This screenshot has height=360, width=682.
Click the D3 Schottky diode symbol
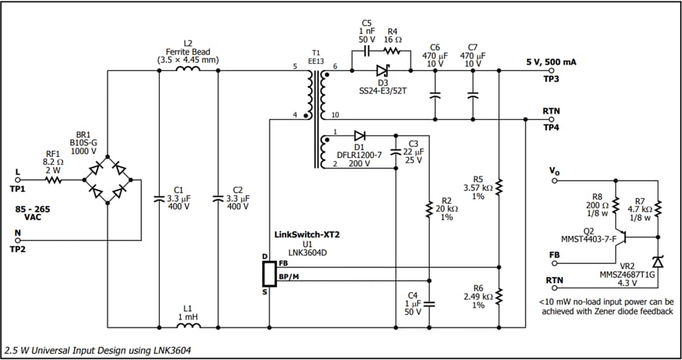pos(382,71)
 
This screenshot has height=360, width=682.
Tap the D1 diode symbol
pos(359,136)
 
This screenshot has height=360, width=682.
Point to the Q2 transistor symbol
pos(626,238)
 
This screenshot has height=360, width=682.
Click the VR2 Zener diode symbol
pos(658,262)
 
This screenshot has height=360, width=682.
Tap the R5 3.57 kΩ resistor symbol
pos(498,188)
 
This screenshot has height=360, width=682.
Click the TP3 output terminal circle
pos(551,71)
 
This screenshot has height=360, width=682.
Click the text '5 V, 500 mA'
pos(551,62)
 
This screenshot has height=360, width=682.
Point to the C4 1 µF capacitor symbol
pos(429,304)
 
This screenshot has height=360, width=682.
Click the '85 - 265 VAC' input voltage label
pos(32,213)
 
